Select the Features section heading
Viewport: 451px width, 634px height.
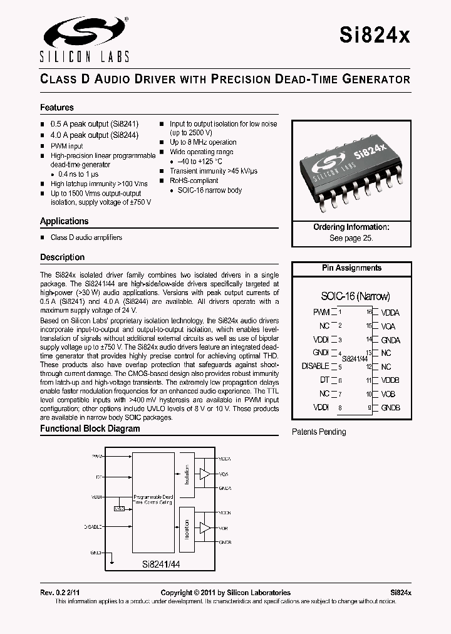coord(57,108)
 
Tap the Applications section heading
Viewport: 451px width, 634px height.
coord(65,221)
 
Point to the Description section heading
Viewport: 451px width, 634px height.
coord(62,257)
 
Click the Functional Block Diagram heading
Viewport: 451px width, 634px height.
coord(90,429)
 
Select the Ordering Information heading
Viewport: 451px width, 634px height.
coord(351,227)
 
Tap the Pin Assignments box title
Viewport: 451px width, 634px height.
coord(351,268)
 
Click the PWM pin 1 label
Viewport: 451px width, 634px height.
coord(321,312)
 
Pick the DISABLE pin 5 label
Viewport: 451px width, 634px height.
coord(315,366)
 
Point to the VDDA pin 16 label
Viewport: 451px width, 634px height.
coord(390,312)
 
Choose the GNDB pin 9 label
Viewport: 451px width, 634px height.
coord(390,408)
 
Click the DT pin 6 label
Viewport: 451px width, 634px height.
coord(324,380)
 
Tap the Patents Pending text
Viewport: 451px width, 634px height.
coord(319,432)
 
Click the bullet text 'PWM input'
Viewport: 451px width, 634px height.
coord(66,146)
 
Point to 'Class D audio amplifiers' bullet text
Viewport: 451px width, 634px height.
coord(86,237)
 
